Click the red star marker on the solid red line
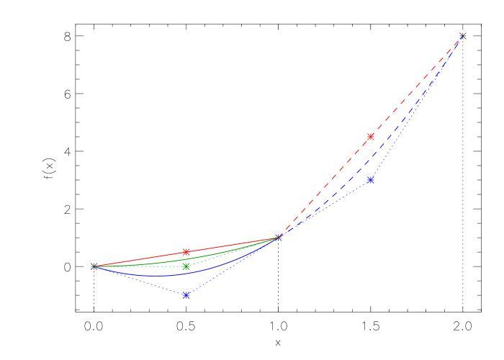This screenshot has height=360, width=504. (x=186, y=252)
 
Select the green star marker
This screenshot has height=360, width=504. (x=186, y=266)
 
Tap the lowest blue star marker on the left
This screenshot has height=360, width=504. (x=186, y=295)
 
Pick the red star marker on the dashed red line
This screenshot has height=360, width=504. (x=371, y=137)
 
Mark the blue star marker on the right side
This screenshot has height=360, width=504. (x=371, y=180)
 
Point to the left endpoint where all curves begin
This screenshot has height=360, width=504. (x=94, y=266)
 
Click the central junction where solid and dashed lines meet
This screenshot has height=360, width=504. (x=279, y=237)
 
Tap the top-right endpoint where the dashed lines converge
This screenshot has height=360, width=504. (x=462, y=36)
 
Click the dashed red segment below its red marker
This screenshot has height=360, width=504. (x=324, y=188)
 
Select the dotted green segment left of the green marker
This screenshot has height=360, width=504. (x=140, y=266)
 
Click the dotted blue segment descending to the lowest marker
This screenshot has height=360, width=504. (x=140, y=281)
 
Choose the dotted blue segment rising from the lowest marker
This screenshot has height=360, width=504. (x=233, y=266)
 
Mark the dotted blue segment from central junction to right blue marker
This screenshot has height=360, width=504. (x=324, y=209)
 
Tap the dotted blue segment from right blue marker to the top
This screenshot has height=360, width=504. (x=416, y=108)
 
